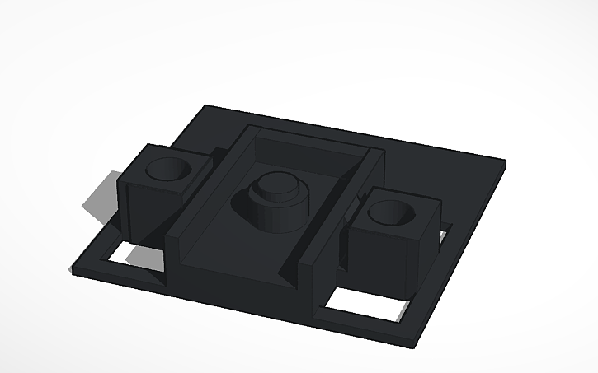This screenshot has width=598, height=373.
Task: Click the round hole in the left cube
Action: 167,170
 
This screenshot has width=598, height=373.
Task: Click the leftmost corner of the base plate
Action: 73,267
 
